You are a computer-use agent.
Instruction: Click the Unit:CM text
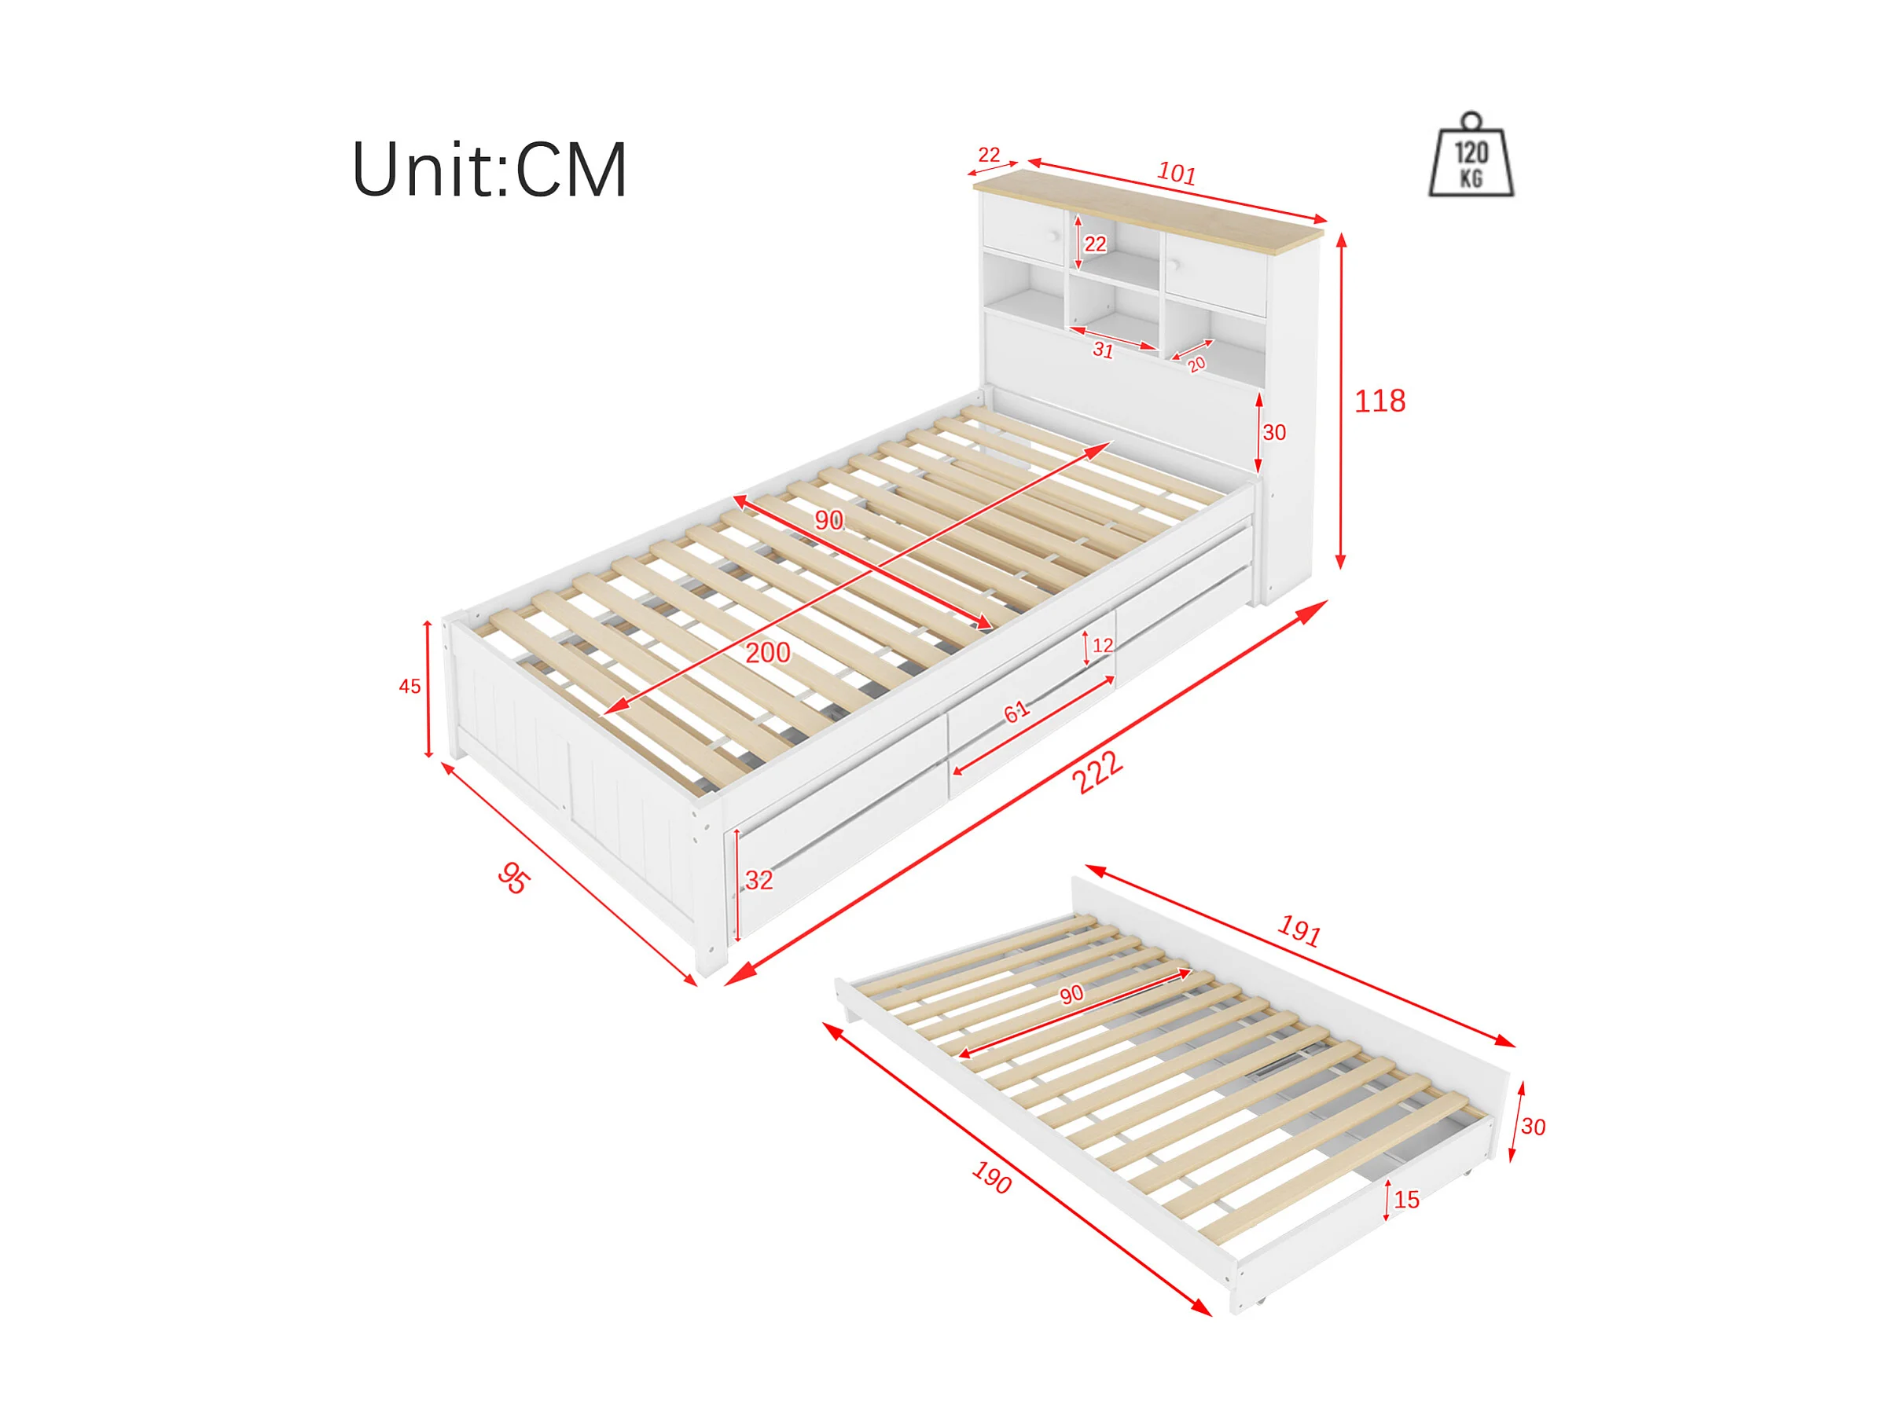[489, 170]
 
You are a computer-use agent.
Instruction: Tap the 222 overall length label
[1097, 772]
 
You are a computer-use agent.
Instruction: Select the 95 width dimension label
[513, 878]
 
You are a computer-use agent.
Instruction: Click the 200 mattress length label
[767, 653]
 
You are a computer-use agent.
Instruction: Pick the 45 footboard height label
[410, 687]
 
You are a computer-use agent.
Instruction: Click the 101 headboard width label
[1176, 174]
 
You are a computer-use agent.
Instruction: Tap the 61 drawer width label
[1016, 711]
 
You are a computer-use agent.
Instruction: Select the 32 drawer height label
[759, 880]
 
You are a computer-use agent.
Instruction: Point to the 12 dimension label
[1103, 645]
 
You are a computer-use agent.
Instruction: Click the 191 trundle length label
[1299, 930]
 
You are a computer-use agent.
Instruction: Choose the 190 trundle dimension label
[991, 1178]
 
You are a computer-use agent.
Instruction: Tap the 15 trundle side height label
[1406, 1200]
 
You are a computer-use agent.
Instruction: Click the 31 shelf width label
[1103, 350]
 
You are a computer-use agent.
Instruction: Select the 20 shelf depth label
[1196, 364]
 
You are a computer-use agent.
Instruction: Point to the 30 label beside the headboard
[1274, 433]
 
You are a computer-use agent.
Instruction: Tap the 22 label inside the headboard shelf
[1094, 244]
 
